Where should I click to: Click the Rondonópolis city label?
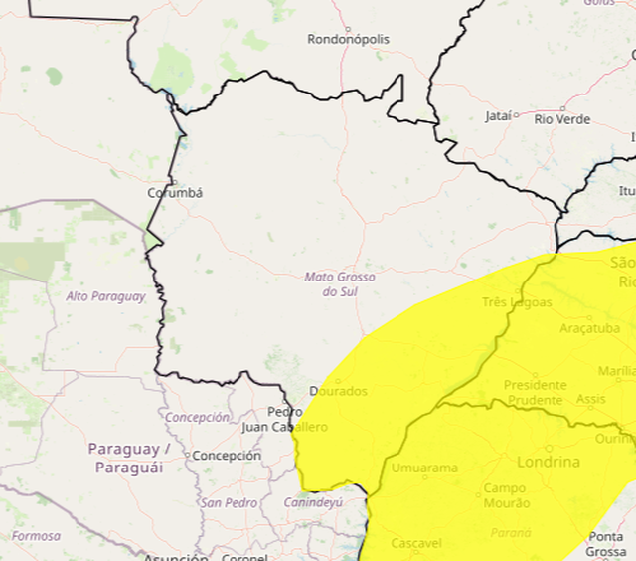click(348, 40)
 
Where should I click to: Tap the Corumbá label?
click(175, 193)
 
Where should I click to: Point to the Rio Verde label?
click(562, 119)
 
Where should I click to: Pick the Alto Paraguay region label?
click(105, 296)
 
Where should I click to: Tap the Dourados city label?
click(338, 391)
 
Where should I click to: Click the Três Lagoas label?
click(516, 302)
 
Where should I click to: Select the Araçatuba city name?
click(589, 328)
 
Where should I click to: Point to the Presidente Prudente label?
click(535, 392)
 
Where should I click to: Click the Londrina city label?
click(548, 462)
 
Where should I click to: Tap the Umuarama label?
click(425, 467)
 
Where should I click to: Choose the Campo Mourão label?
click(507, 495)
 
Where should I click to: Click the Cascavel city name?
click(417, 543)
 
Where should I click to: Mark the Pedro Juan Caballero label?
click(284, 419)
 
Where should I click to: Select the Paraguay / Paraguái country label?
click(130, 457)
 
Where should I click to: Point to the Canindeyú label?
click(313, 502)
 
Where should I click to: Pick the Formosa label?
click(37, 536)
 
